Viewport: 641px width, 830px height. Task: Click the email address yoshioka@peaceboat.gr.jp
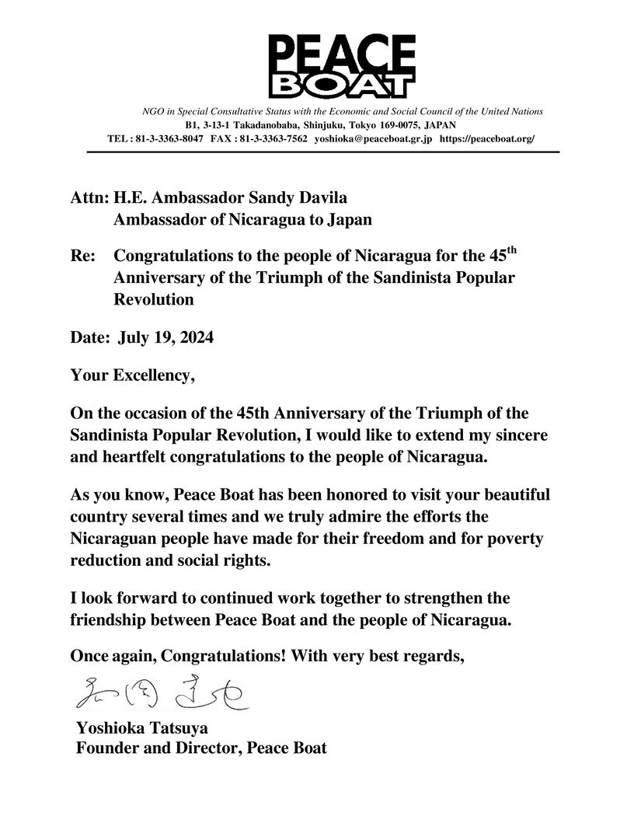tap(372, 138)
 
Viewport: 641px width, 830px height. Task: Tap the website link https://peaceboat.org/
tap(487, 138)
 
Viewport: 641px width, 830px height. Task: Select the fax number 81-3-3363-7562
tap(271, 138)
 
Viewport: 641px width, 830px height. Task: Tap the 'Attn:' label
tap(88, 199)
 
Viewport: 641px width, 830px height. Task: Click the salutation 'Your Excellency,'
tap(132, 376)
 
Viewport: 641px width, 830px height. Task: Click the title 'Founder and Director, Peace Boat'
tap(201, 748)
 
